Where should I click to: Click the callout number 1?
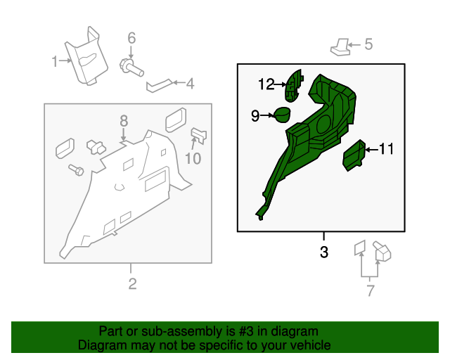pos(55,62)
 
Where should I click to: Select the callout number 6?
pos(131,38)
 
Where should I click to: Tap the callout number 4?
pos(190,84)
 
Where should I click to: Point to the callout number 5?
pos(368,45)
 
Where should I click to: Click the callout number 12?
pos(266,85)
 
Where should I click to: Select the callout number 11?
pos(387,149)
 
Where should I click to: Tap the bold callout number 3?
pos(323,252)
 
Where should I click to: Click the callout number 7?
pos(371,290)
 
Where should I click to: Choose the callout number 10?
pos(193,159)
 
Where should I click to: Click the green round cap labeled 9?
pos(281,115)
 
